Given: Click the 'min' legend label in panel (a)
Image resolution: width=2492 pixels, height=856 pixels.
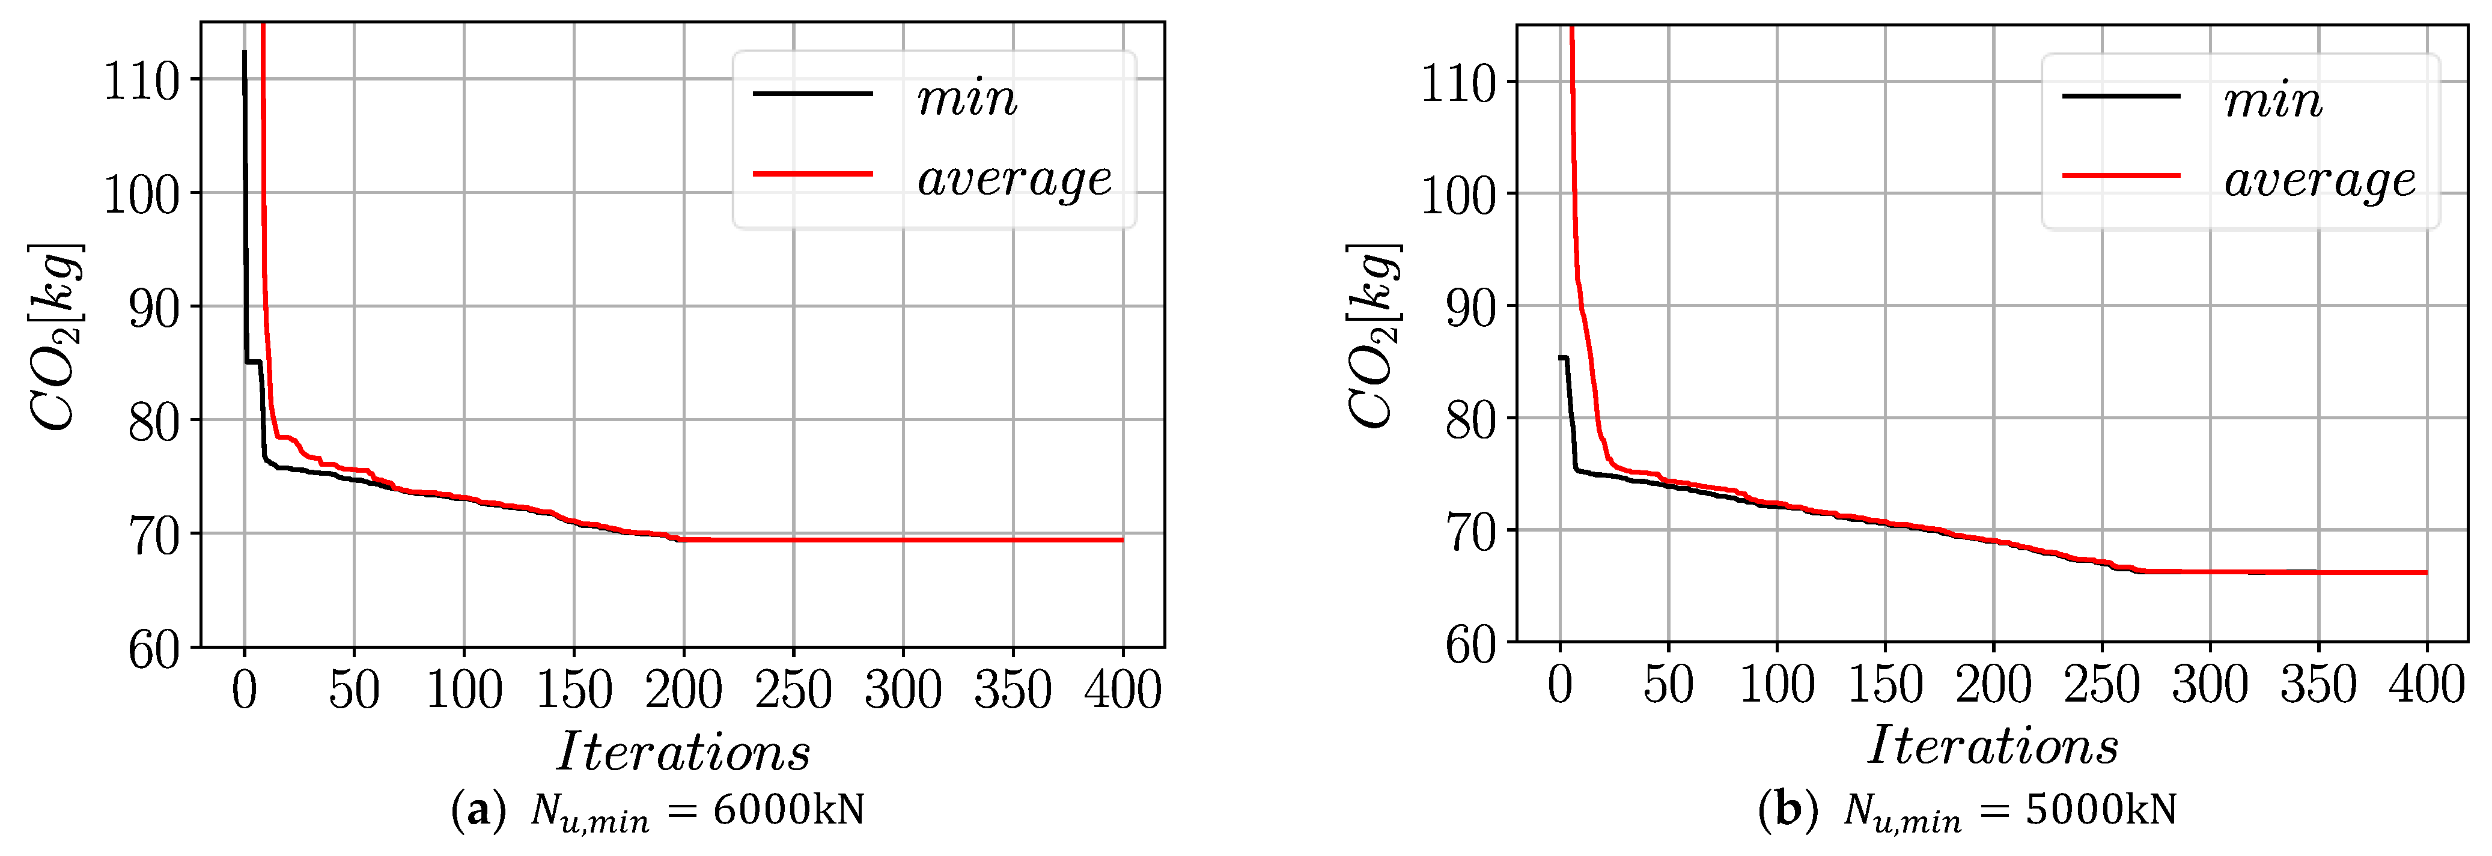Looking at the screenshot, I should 966,99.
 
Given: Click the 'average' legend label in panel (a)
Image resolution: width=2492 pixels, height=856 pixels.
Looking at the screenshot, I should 1014,180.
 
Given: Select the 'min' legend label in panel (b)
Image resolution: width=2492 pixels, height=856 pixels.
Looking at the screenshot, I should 2273,100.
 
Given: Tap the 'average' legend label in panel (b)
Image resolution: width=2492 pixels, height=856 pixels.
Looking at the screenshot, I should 2319,181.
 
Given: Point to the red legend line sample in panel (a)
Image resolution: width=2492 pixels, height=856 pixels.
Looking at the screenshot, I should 812,174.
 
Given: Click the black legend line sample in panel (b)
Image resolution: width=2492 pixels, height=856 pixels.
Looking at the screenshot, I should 2121,96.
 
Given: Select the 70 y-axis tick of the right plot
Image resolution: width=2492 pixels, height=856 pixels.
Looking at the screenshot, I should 1470,533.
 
